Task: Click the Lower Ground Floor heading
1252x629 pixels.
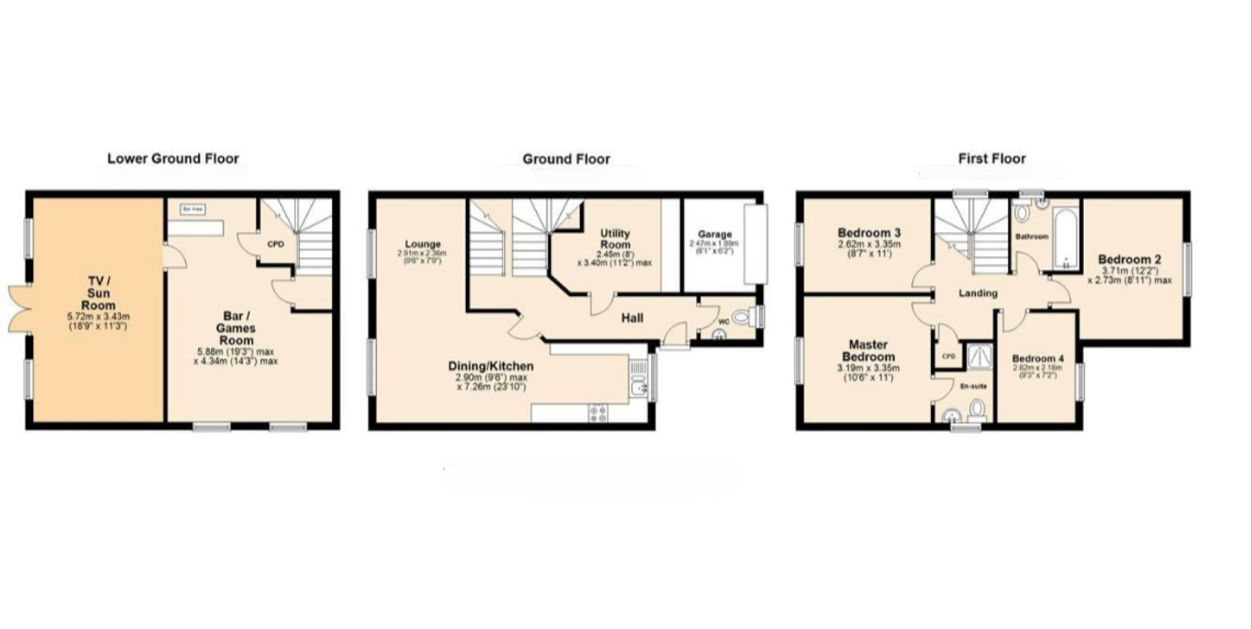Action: (173, 159)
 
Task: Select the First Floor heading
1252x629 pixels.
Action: (991, 159)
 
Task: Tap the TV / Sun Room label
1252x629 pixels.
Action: (98, 293)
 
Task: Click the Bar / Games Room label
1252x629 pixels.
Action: (236, 328)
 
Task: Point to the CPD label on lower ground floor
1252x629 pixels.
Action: (275, 244)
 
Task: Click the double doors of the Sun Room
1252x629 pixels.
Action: (19, 309)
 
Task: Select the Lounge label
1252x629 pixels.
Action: (422, 244)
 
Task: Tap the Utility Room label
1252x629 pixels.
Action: (615, 239)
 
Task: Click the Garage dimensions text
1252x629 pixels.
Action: (714, 247)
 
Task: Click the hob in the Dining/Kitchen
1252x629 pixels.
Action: (598, 413)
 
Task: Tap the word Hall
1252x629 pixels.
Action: (632, 318)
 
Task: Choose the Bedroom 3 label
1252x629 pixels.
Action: (868, 232)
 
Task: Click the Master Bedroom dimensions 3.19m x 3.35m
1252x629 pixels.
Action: (868, 368)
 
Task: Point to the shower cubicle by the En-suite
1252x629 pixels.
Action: (979, 357)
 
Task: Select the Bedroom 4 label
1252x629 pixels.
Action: (1037, 358)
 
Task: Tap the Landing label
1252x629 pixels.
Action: (977, 293)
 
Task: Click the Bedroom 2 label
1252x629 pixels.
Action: (1129, 259)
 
